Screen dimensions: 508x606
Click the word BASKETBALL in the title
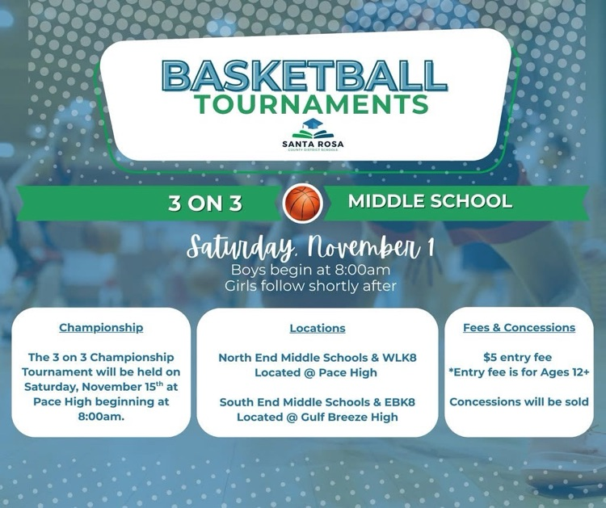[304, 76]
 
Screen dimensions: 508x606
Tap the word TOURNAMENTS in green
[311, 105]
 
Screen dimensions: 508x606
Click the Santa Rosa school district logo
[313, 134]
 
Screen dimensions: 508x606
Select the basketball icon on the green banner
[303, 204]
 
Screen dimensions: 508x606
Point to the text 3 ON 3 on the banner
[205, 204]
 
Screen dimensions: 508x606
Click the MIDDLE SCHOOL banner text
[430, 201]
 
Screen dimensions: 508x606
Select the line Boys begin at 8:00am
[311, 270]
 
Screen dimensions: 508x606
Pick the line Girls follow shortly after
[311, 285]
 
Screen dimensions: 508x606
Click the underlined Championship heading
[101, 328]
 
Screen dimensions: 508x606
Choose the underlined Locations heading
[318, 329]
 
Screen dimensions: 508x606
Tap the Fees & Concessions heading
[519, 328]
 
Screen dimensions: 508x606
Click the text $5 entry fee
[519, 356]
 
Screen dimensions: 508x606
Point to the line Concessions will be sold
[519, 401]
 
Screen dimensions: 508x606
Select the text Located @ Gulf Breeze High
[318, 417]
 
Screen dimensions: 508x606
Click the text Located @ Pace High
[318, 372]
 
